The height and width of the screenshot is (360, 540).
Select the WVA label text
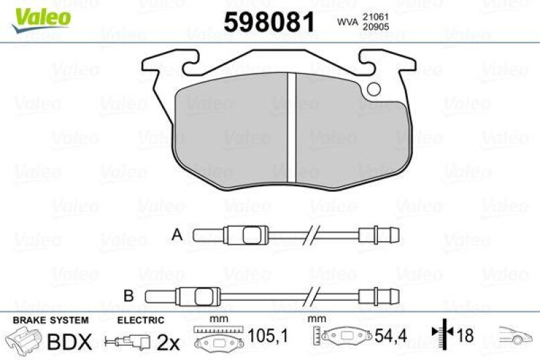click(x=348, y=22)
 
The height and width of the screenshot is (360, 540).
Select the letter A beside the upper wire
click(x=178, y=235)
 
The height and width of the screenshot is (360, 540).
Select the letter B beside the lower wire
click(x=129, y=294)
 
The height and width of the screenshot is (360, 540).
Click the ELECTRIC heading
click(x=140, y=319)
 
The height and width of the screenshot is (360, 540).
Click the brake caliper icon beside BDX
click(x=23, y=339)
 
